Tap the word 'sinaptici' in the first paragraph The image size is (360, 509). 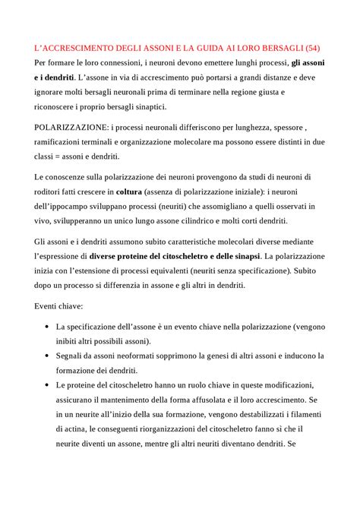tap(149, 106)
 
